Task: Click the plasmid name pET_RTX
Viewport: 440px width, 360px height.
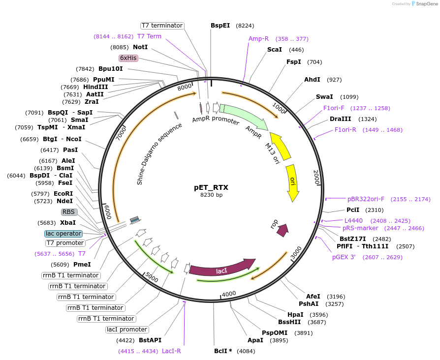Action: click(x=211, y=187)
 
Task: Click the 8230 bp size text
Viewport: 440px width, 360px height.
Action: click(x=211, y=195)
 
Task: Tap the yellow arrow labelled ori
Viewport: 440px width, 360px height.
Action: click(x=292, y=182)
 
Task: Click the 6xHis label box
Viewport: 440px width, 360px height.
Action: click(x=128, y=58)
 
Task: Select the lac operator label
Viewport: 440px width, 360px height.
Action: click(x=63, y=234)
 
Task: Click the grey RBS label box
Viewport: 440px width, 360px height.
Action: click(x=68, y=212)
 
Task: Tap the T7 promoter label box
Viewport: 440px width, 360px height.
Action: click(x=65, y=243)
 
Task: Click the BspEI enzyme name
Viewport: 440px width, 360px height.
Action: click(x=220, y=26)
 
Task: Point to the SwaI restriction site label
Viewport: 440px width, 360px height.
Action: click(x=324, y=97)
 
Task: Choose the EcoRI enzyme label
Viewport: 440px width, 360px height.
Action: click(x=63, y=193)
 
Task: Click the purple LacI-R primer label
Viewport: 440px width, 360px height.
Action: click(x=171, y=351)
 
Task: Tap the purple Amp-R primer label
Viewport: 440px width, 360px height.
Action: click(x=258, y=39)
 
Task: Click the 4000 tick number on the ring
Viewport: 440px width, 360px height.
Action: click(x=229, y=294)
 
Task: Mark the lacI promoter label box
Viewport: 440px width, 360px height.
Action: click(x=127, y=330)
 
